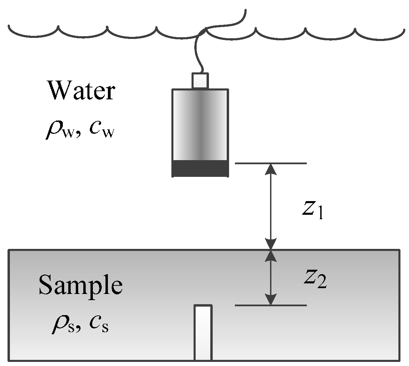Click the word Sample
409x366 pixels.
click(80, 285)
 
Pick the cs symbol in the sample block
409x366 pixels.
click(99, 325)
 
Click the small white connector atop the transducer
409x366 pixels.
click(200, 81)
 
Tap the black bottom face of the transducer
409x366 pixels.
click(200, 168)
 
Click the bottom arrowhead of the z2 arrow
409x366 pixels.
click(271, 300)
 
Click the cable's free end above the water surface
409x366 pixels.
click(244, 12)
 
